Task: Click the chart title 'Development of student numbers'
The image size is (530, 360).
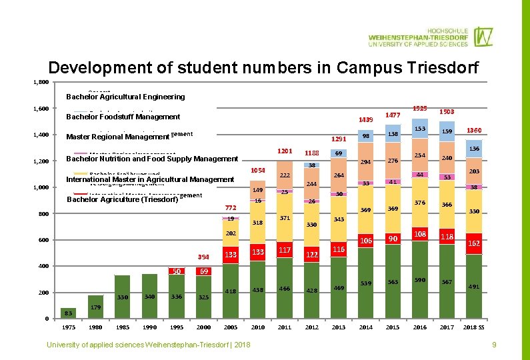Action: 263,68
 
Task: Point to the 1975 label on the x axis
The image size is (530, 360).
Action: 69,327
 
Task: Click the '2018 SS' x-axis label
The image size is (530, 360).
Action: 474,327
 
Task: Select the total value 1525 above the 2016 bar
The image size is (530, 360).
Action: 420,108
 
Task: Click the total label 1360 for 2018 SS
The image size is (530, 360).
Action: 474,130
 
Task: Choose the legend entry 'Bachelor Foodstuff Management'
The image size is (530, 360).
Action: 123,117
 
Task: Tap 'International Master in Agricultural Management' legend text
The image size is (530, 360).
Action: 150,179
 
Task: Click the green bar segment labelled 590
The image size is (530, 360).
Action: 420,280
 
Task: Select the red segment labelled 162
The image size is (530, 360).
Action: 474,243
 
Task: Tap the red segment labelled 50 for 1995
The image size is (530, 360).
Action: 177,271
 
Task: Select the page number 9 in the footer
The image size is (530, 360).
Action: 494,344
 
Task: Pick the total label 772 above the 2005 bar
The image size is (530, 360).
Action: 231,207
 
